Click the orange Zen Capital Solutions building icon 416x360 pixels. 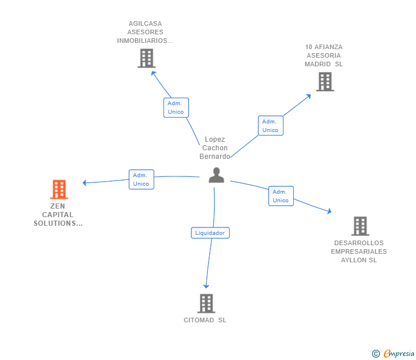point(59,189)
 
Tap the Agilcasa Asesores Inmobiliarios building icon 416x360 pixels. point(146,58)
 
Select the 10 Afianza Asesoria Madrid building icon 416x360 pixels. point(325,82)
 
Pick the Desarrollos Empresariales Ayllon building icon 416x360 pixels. point(360,226)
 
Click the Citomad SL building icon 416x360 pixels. point(206,303)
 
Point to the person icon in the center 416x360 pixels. point(216,175)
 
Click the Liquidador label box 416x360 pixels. point(210,233)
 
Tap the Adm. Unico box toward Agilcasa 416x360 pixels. point(176,107)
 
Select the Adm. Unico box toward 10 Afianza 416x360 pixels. point(270,126)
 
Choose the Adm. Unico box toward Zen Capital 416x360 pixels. point(141,179)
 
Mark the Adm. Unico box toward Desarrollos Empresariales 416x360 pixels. point(281,196)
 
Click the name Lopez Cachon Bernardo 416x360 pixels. point(215,147)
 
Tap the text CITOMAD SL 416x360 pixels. point(205,320)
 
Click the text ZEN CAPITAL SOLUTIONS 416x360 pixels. point(58,215)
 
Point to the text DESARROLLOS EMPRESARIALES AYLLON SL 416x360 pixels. point(359,251)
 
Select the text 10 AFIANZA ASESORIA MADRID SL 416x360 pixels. point(324,55)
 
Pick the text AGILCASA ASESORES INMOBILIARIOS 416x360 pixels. point(145,33)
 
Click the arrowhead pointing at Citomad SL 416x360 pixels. point(206,286)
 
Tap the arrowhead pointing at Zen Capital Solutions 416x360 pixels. point(85,183)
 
